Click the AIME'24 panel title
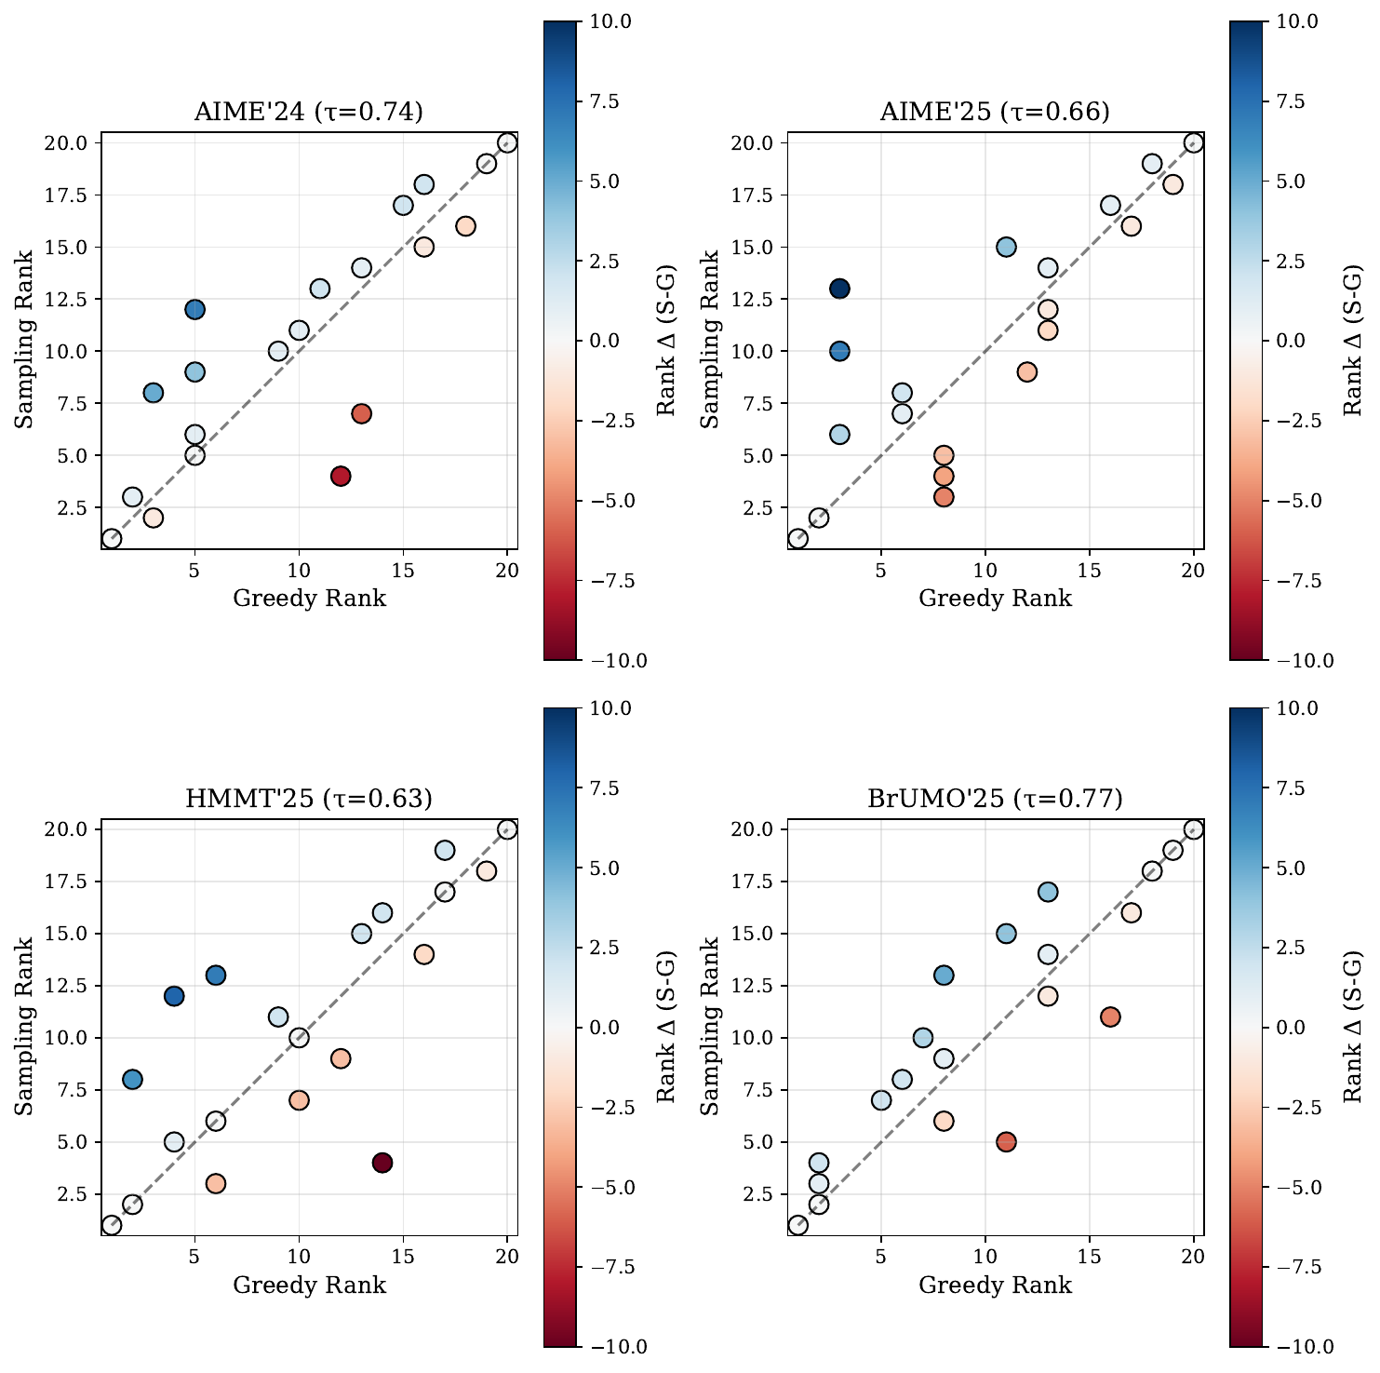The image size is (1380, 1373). tap(309, 113)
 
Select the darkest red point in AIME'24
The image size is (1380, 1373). tap(341, 476)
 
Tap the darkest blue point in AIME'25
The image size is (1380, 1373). tap(839, 289)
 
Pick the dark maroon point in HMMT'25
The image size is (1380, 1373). tap(382, 1163)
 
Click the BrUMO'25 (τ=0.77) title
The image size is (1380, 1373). tap(995, 799)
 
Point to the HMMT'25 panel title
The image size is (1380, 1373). tap(309, 799)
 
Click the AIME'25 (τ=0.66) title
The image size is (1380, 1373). tap(995, 113)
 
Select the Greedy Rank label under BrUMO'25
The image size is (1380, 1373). tap(995, 1286)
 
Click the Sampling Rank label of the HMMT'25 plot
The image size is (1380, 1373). tap(25, 1026)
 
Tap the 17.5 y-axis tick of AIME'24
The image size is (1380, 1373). tap(69, 195)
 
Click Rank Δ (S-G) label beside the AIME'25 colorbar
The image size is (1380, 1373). tap(1354, 340)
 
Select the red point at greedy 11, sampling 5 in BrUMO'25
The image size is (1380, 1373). tap(1006, 1142)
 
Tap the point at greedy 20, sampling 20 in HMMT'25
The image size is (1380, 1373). tap(507, 829)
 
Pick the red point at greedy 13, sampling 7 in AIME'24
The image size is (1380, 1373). tap(362, 413)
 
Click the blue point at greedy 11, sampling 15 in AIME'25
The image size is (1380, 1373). tap(1006, 247)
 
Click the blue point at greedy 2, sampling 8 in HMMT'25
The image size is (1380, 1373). tap(132, 1079)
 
